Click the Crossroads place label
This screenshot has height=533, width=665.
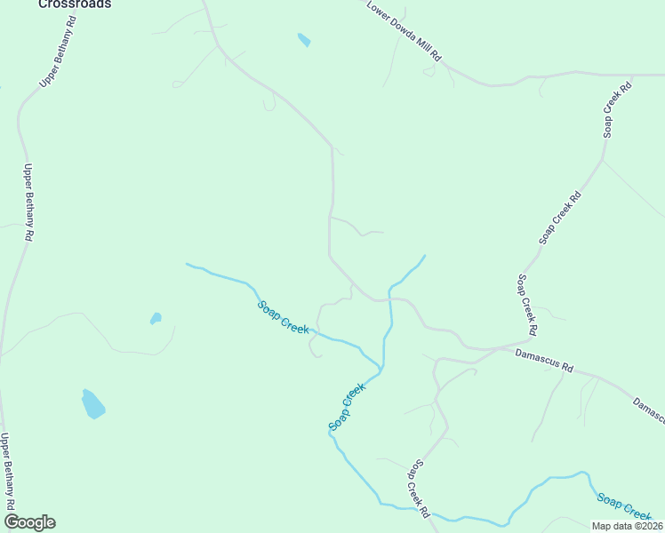pos(75,4)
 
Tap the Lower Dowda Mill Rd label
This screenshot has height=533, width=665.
pos(405,30)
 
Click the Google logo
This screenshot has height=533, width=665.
pos(28,522)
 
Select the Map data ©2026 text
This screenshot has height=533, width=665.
pos(626,526)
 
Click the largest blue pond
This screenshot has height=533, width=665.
pos(92,404)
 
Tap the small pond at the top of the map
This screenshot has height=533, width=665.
pos(304,40)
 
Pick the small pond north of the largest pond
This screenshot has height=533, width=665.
pos(156,317)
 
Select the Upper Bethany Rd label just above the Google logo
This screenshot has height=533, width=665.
pos(7,471)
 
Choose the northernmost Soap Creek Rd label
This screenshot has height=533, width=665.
pos(617,109)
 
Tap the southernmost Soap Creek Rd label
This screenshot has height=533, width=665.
pos(419,489)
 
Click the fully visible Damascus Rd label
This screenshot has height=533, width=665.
pos(545,361)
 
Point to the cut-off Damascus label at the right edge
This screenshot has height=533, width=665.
pos(649,410)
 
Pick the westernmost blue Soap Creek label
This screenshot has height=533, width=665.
pos(284,317)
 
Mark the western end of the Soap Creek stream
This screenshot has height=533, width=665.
pos(187,264)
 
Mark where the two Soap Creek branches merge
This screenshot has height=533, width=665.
pos(382,368)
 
